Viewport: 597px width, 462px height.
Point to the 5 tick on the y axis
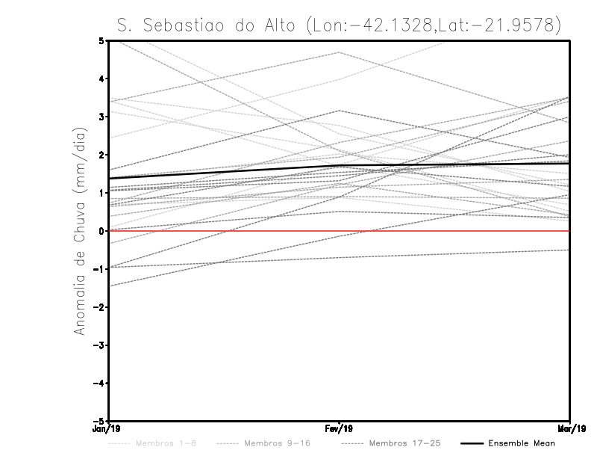pos(101,40)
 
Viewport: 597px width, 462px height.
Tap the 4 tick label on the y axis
pos(101,78)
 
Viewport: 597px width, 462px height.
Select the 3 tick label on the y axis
pos(101,117)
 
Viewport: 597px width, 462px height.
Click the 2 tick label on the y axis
pos(101,155)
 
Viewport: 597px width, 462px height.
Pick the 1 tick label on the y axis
pos(101,193)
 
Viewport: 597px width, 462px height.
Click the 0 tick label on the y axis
pos(101,231)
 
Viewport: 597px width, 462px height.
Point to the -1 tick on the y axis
pos(100,269)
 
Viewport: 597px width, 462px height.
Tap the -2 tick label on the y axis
pos(100,307)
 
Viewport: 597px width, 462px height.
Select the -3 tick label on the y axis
pos(100,345)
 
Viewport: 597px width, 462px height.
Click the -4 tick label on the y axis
pos(100,384)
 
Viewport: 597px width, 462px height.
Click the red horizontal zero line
pos(448,231)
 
